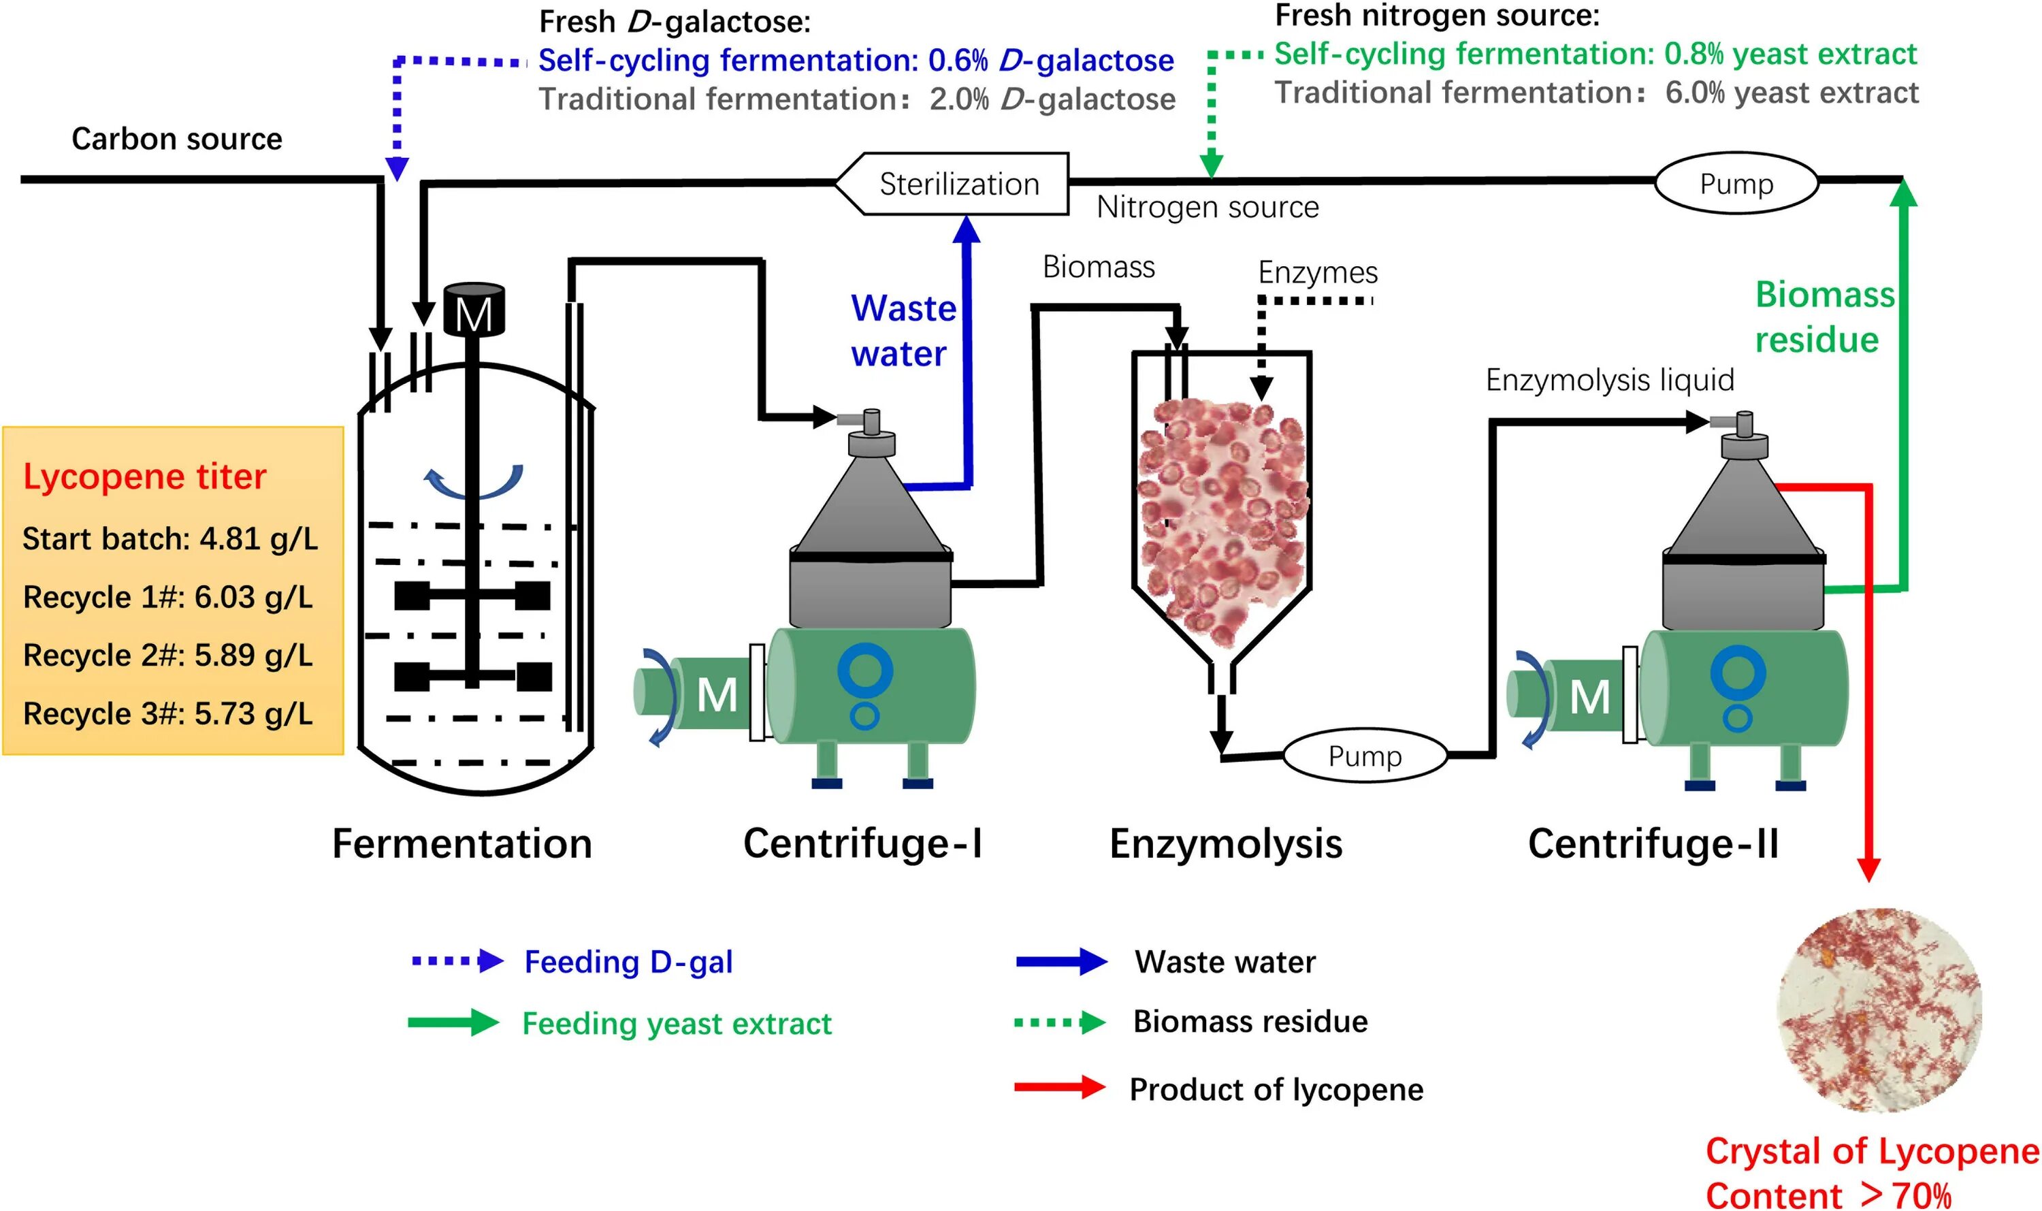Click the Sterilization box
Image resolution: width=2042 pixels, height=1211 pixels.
point(958,184)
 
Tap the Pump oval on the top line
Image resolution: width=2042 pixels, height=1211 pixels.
point(1736,184)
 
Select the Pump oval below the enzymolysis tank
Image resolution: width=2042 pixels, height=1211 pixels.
point(1365,756)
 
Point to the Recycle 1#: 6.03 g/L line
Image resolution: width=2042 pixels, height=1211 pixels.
point(168,598)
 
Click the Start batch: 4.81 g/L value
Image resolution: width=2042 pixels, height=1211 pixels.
point(169,539)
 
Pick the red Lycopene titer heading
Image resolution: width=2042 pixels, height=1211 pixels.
point(144,477)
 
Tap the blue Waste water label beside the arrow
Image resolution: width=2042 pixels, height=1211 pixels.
point(903,332)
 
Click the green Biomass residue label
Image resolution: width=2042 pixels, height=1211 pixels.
point(1824,317)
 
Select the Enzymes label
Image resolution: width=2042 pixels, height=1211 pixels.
point(1318,272)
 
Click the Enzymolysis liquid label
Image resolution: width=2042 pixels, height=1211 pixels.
point(1609,381)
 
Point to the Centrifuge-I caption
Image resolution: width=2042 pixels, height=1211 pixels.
point(862,844)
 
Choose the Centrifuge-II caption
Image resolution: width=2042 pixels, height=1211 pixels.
point(1653,844)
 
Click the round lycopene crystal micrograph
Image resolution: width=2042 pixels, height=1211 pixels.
point(1879,1010)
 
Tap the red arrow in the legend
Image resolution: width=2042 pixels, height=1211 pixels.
point(1060,1088)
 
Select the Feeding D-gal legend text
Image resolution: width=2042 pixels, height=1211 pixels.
point(628,962)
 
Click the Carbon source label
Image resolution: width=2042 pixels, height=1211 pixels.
point(176,140)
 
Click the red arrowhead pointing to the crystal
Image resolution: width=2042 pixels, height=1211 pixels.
point(1868,869)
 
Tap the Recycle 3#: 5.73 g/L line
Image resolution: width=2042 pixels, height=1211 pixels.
point(168,714)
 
